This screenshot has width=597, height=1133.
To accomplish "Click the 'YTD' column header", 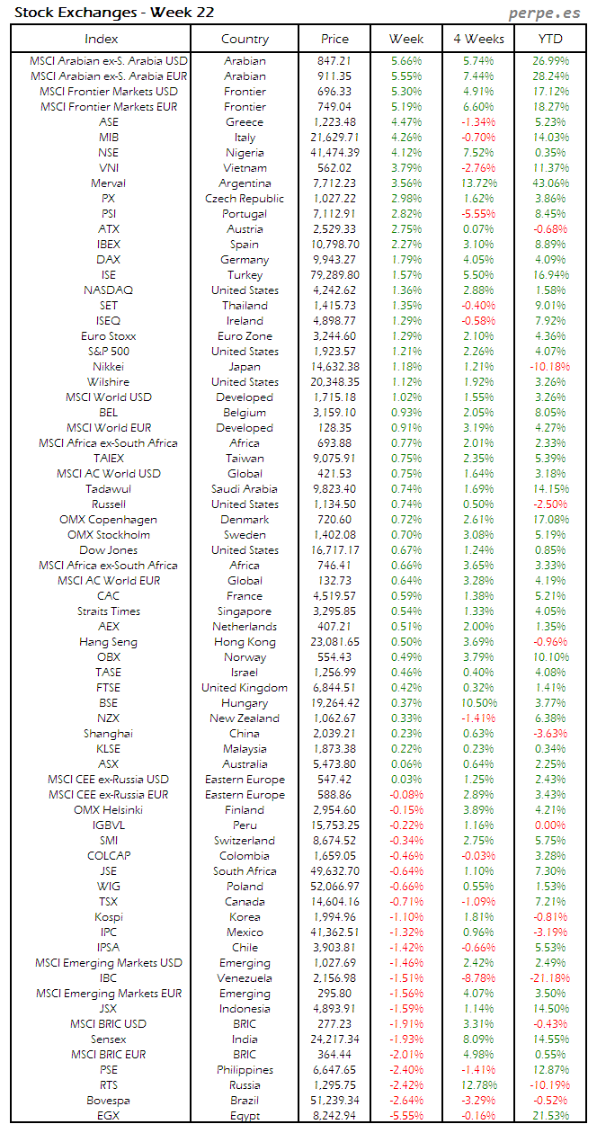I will (x=550, y=39).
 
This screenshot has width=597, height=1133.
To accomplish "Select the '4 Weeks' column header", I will (x=478, y=39).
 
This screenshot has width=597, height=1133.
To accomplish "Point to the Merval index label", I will (x=108, y=183).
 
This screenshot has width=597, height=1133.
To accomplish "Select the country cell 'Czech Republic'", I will (x=245, y=199).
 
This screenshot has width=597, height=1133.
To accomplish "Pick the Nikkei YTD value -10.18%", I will (x=550, y=367).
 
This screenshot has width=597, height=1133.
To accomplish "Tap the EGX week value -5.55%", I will (x=406, y=1116).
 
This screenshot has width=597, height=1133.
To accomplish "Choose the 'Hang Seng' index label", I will (x=108, y=642).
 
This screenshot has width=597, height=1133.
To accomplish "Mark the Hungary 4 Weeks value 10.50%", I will (x=478, y=703).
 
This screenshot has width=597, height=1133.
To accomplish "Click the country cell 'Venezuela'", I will (x=245, y=978).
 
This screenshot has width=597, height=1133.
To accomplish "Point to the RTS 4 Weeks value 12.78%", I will (x=478, y=1085).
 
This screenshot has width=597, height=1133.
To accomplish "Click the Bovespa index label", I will (x=108, y=1101).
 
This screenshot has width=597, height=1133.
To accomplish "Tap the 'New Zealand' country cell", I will (x=245, y=718).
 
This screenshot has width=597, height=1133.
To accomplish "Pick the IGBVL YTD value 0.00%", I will (x=550, y=825).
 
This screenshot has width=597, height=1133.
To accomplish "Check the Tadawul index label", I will (x=108, y=489).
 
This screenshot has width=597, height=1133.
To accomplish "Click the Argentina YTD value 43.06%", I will (x=550, y=183).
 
